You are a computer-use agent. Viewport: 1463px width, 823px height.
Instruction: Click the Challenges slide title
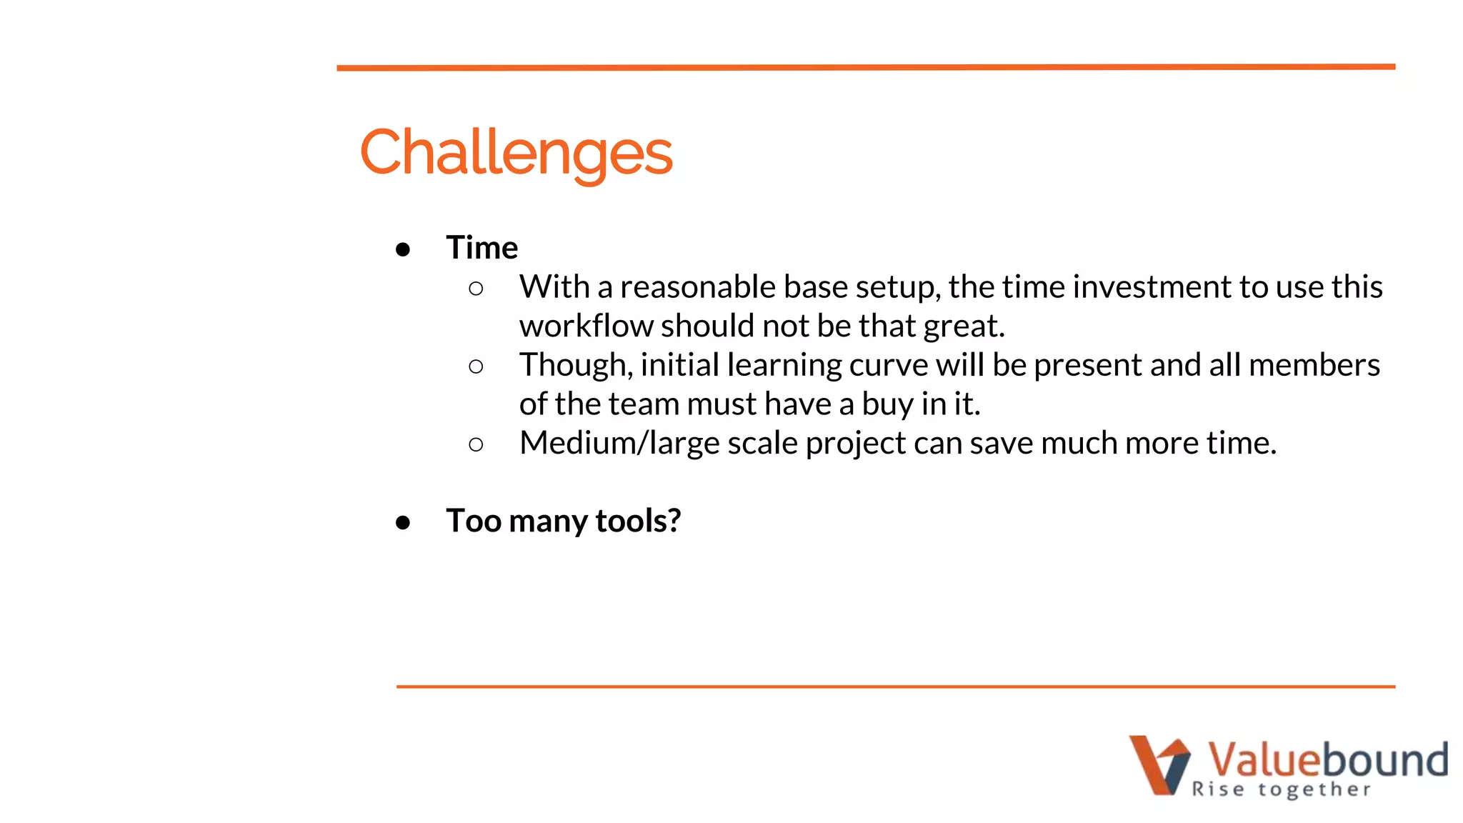(x=516, y=152)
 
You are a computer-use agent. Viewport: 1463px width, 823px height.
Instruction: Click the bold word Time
(x=482, y=248)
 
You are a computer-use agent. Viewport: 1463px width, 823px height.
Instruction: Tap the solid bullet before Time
(x=403, y=249)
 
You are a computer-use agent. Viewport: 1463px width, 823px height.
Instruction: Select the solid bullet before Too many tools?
(x=403, y=523)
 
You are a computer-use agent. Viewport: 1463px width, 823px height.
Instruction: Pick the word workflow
(x=586, y=326)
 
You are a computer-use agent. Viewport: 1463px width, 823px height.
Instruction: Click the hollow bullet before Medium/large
(x=476, y=445)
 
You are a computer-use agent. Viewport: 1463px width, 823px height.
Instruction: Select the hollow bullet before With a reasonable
(x=476, y=289)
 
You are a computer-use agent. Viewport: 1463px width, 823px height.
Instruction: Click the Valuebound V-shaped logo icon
(x=1159, y=764)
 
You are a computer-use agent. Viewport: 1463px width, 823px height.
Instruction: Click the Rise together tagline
(x=1281, y=789)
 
